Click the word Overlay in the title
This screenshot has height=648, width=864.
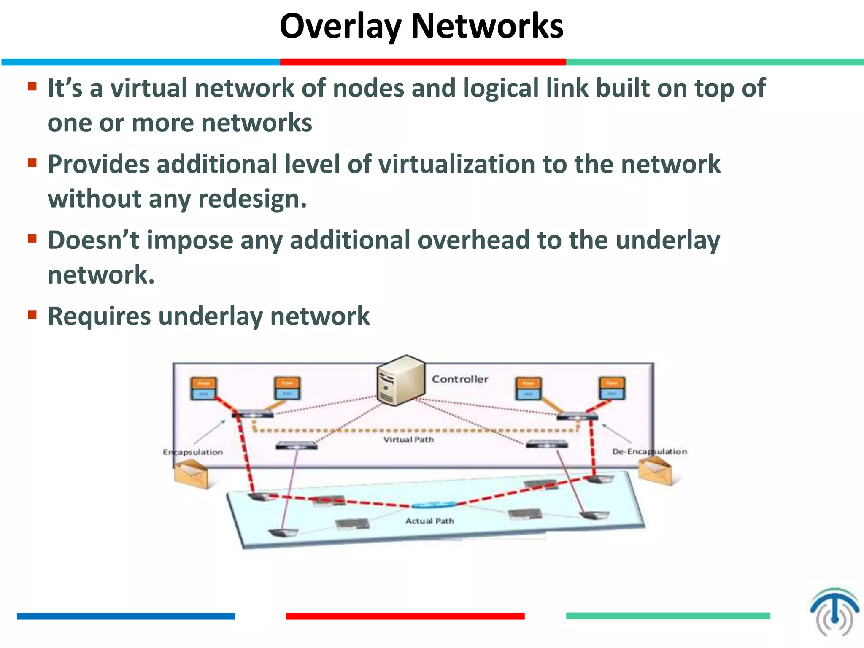point(340,26)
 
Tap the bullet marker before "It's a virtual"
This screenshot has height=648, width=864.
point(32,86)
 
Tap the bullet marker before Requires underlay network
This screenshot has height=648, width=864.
point(32,315)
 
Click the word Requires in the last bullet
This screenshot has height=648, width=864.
point(99,316)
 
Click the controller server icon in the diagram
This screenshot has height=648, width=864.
point(400,381)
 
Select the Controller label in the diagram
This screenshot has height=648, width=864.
point(460,379)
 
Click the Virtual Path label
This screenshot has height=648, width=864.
point(408,440)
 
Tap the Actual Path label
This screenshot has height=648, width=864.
point(429,521)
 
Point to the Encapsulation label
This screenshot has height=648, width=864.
point(193,452)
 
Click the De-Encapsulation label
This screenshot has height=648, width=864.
point(649,451)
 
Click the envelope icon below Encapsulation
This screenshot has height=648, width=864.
point(192,474)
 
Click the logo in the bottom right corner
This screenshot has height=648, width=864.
point(834,611)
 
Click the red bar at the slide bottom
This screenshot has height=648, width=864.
point(405,616)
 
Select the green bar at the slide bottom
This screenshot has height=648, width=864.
point(668,616)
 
